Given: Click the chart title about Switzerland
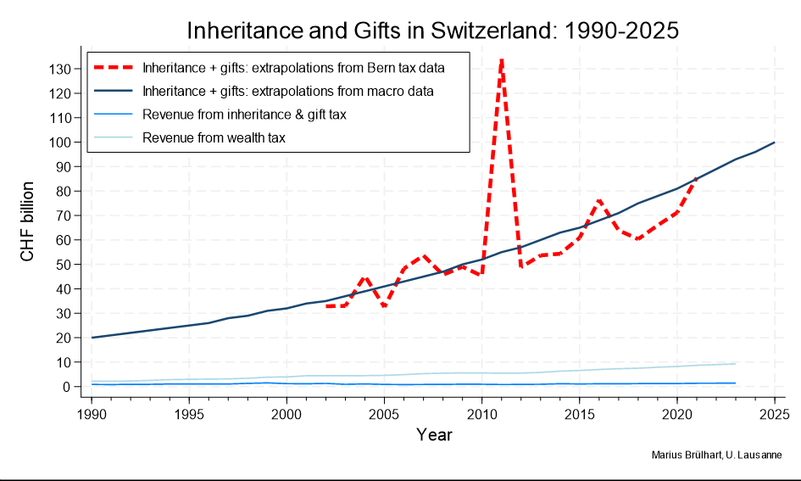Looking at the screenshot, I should pyautogui.click(x=432, y=31).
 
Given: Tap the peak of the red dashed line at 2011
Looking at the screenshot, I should pyautogui.click(x=502, y=59).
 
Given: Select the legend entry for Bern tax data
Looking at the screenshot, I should pyautogui.click(x=293, y=66).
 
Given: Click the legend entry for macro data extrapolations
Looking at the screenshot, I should pyautogui.click(x=288, y=90).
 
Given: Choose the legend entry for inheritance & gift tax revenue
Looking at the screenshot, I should pyautogui.click(x=245, y=114).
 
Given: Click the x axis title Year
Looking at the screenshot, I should pyautogui.click(x=433, y=435).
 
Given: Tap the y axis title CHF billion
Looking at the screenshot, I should pyautogui.click(x=28, y=221).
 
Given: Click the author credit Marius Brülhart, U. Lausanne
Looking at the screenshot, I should pyautogui.click(x=716, y=456).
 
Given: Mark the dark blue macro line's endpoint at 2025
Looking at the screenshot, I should pyautogui.click(x=775, y=143).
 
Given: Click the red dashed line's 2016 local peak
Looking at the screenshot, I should pyautogui.click(x=599, y=200).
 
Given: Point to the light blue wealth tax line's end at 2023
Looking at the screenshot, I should pyautogui.click(x=736, y=363).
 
